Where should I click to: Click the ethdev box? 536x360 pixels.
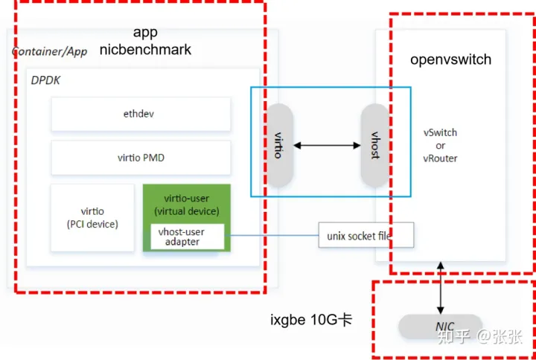[138, 115]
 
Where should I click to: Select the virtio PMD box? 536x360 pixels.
[138, 158]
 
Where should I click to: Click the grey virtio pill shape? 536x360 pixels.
[278, 146]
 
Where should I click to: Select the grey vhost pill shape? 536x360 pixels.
[375, 146]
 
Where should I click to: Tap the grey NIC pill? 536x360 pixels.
[444, 327]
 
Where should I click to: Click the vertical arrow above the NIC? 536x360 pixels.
[441, 286]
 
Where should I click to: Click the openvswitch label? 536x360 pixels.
[450, 60]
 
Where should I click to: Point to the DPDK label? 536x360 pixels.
[45, 80]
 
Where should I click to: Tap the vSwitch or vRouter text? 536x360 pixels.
[440, 145]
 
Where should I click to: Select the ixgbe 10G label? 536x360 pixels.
[310, 321]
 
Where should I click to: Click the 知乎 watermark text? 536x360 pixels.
[453, 337]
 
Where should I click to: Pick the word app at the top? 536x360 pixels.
[145, 32]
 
